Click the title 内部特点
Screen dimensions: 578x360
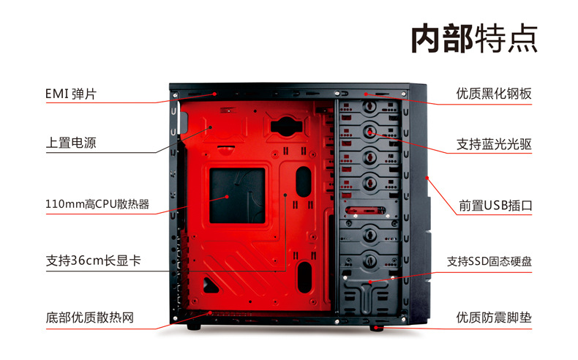[x=474, y=38]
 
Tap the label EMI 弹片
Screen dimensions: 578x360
[x=70, y=94]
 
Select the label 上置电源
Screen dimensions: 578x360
[x=71, y=143]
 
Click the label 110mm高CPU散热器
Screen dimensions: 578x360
[x=97, y=203]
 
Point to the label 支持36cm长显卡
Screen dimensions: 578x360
[x=93, y=260]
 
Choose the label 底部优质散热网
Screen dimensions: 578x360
[x=89, y=318]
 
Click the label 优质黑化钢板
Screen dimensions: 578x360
[x=494, y=94]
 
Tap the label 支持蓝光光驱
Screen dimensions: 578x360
[x=494, y=144]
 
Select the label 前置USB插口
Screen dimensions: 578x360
[x=495, y=205]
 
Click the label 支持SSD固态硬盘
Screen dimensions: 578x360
[x=489, y=261]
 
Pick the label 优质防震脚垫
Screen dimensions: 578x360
[x=494, y=318]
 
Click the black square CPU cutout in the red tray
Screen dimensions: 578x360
[x=237, y=195]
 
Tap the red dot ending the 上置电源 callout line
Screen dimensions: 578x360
[x=211, y=127]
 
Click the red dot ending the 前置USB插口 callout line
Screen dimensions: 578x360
[x=427, y=178]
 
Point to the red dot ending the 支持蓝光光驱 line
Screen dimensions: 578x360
[x=369, y=132]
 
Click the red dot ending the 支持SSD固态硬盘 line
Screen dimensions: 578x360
[x=369, y=282]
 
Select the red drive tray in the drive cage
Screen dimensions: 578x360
[x=366, y=211]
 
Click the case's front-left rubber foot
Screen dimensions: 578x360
[x=194, y=326]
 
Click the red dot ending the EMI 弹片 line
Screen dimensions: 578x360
[x=214, y=94]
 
